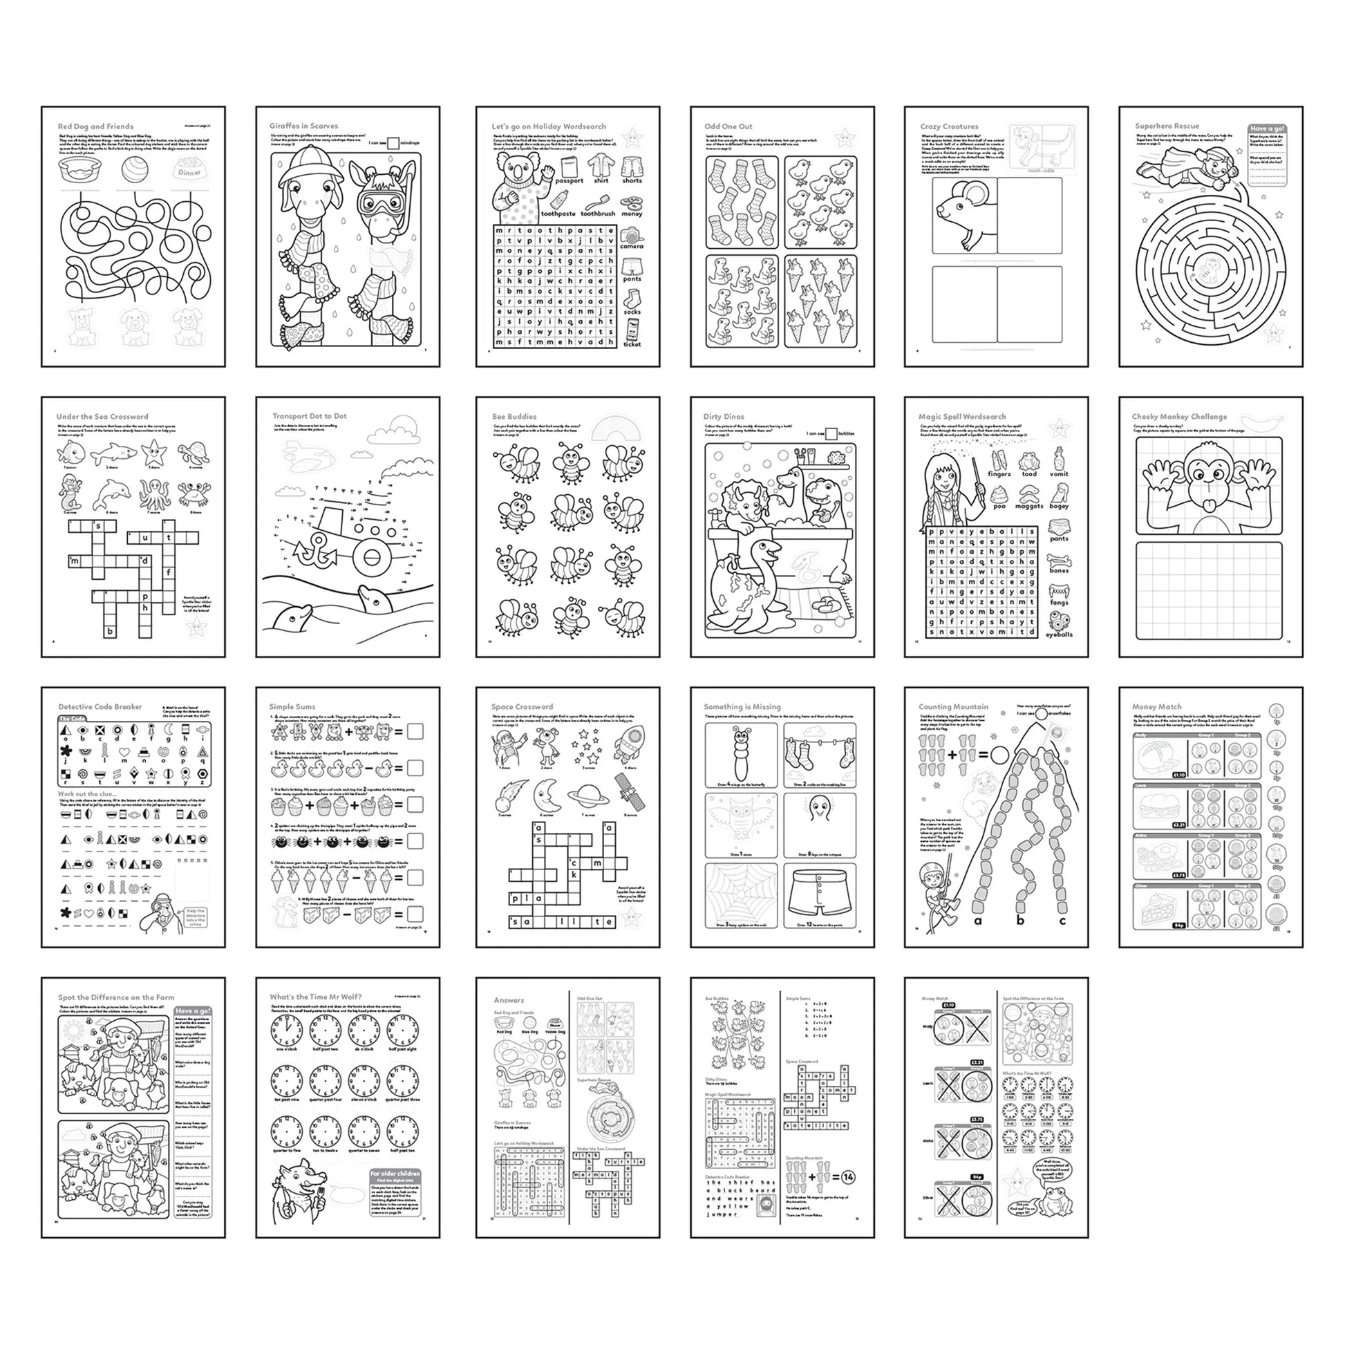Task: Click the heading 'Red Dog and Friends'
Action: click(x=95, y=126)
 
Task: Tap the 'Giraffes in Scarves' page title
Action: click(x=303, y=126)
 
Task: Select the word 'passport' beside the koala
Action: click(x=569, y=180)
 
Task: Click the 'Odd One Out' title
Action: click(x=728, y=126)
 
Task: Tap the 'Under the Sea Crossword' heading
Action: click(x=102, y=416)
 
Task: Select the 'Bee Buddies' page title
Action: click(x=514, y=416)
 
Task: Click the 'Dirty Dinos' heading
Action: click(x=724, y=416)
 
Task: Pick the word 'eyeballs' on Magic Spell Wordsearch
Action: click(x=1059, y=634)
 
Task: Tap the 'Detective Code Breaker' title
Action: click(x=100, y=706)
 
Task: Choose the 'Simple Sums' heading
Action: click(x=292, y=706)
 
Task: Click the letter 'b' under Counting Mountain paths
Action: click(x=1020, y=921)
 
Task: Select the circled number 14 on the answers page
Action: click(x=847, y=1177)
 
